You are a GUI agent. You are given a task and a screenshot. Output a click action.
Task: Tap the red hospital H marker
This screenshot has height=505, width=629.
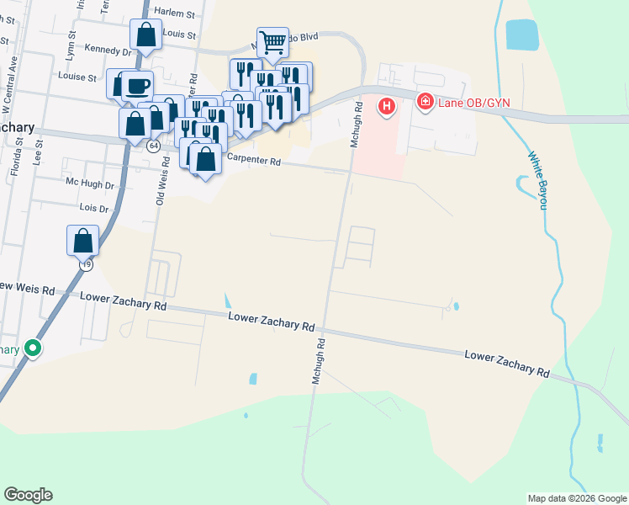pyautogui.click(x=387, y=107)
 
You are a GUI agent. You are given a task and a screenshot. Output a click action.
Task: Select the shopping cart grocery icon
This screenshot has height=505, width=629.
pyautogui.click(x=272, y=41)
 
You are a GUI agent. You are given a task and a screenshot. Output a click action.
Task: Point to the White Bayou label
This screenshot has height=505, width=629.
pyautogui.click(x=539, y=180)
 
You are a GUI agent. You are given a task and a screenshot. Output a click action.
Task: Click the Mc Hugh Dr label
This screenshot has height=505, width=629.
pyautogui.click(x=89, y=183)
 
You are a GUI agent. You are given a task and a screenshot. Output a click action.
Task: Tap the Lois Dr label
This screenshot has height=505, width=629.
pyautogui.click(x=94, y=207)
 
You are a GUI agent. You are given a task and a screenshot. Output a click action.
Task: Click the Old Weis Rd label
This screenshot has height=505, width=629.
pyautogui.click(x=161, y=185)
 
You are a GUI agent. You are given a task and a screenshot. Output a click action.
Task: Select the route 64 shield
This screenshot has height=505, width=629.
pyautogui.click(x=153, y=146)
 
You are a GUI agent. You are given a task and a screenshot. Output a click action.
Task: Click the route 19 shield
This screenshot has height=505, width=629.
pyautogui.click(x=86, y=263)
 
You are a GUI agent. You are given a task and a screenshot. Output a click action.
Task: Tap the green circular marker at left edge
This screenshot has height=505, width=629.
pyautogui.click(x=33, y=348)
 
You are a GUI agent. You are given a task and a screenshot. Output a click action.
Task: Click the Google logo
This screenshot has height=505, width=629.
pyautogui.click(x=28, y=495)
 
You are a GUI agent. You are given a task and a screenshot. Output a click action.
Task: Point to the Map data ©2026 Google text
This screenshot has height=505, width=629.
pyautogui.click(x=576, y=498)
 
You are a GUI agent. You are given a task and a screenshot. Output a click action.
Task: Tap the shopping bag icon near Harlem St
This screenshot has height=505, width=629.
pyautogui.click(x=145, y=36)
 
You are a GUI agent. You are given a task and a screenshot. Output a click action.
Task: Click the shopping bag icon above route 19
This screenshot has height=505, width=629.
pyautogui.click(x=82, y=241)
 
